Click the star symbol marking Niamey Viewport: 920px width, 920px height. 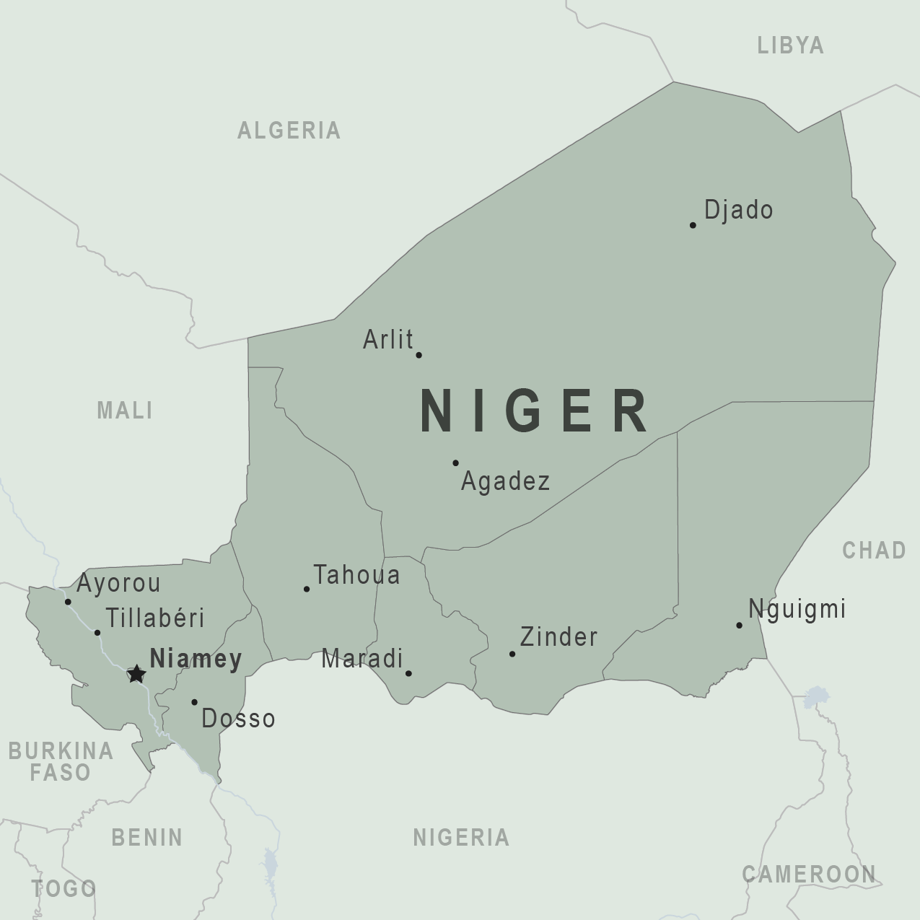[x=136, y=674]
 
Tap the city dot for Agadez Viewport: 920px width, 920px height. [x=455, y=463]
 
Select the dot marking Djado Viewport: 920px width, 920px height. [x=693, y=225]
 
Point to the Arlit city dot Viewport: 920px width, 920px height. [x=419, y=355]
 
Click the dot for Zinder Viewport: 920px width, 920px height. [x=512, y=654]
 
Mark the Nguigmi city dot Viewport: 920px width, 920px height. [x=739, y=625]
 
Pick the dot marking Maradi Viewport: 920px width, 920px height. [x=408, y=673]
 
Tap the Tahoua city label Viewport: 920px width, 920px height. [x=356, y=575]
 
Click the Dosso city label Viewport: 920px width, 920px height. [x=238, y=719]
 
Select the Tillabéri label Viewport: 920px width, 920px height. [x=155, y=618]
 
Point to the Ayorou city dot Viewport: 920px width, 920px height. [x=68, y=602]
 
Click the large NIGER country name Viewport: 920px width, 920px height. [x=534, y=411]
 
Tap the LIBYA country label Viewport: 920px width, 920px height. [x=790, y=45]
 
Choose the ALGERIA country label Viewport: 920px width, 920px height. [x=289, y=131]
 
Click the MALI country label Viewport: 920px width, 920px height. [x=125, y=411]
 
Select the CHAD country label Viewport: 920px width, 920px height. [x=874, y=551]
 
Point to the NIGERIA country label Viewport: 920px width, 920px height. [x=461, y=838]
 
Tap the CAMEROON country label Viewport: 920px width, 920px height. [x=808, y=875]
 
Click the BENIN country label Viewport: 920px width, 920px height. [x=147, y=838]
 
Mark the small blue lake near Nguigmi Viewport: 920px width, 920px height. [x=816, y=696]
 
